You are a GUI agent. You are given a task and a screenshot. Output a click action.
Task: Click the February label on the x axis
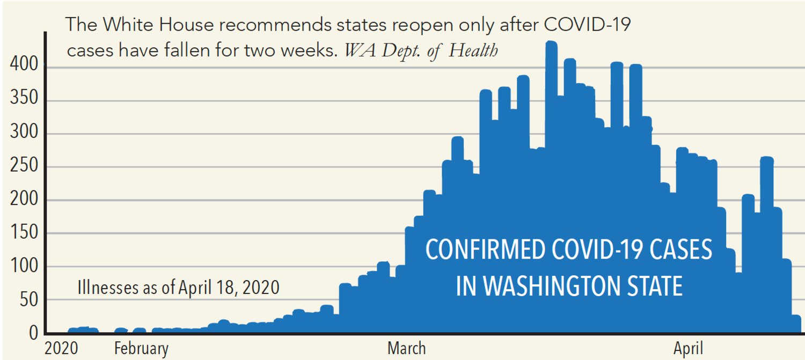coord(141,349)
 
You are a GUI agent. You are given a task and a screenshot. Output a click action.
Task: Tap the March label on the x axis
coord(406,349)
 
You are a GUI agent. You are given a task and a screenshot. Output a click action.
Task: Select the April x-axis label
coord(688,349)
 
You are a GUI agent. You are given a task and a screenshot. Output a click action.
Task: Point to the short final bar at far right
coord(796,324)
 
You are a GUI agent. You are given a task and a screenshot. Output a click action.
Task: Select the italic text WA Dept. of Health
coord(421,51)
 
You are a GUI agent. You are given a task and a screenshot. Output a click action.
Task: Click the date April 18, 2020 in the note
coord(234,288)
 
